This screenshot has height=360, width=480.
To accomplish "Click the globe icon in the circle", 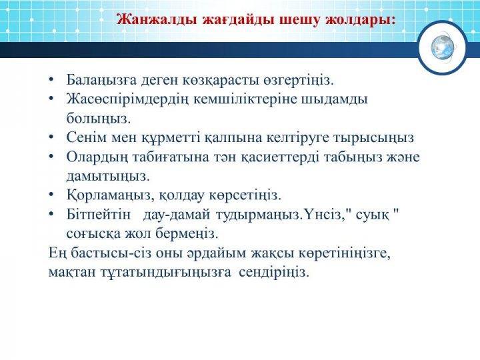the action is [443, 47].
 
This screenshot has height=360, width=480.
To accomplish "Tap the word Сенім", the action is [86, 137].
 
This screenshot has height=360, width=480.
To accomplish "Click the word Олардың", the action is [97, 157].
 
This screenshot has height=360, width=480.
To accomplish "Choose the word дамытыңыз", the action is [108, 177].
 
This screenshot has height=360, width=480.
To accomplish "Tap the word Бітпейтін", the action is [98, 215].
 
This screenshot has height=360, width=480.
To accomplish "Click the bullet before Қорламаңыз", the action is [51, 195].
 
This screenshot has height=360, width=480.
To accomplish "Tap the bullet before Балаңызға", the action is [51, 80].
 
